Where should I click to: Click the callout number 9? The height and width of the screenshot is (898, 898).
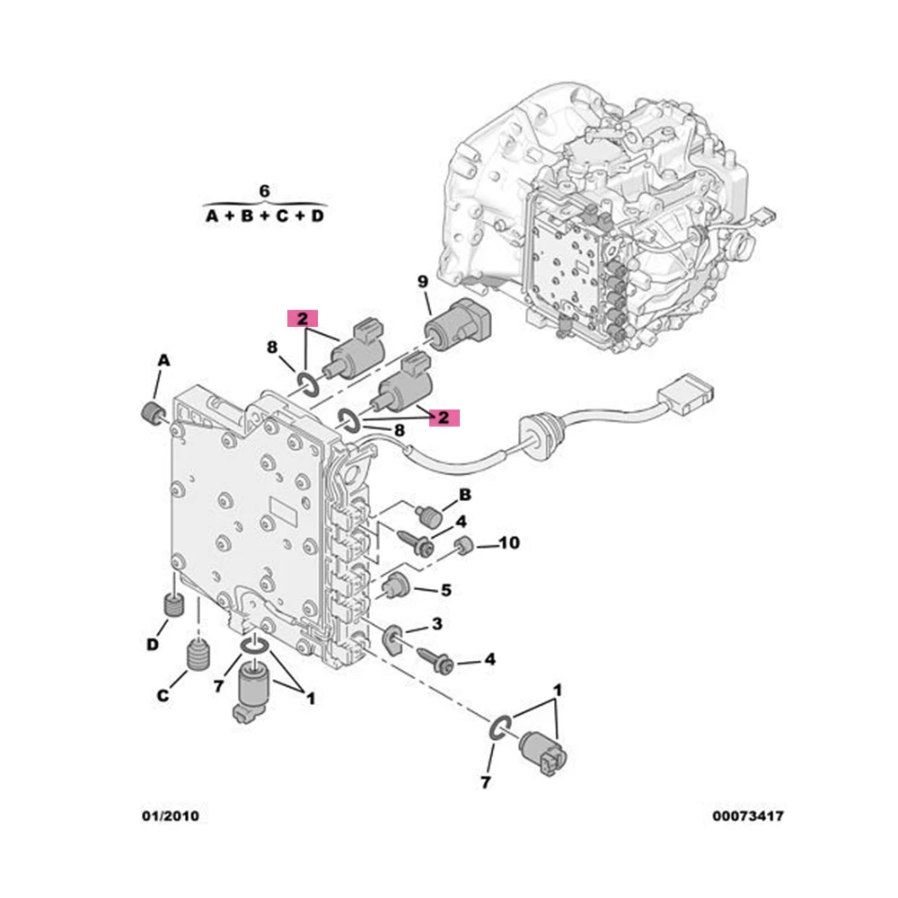(x=423, y=281)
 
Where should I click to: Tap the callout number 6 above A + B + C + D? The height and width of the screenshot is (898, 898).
(x=264, y=190)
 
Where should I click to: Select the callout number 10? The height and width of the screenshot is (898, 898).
(x=508, y=542)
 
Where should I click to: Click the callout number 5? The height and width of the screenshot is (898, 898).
(x=446, y=590)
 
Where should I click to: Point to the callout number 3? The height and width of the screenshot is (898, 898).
(x=437, y=623)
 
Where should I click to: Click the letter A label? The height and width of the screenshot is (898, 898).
(x=163, y=360)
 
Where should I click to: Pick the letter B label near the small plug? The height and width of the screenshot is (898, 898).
(x=465, y=494)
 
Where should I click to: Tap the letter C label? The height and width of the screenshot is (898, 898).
(x=163, y=695)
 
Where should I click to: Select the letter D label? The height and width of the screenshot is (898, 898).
(x=153, y=644)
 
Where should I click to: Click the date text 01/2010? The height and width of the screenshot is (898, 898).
(x=171, y=815)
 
